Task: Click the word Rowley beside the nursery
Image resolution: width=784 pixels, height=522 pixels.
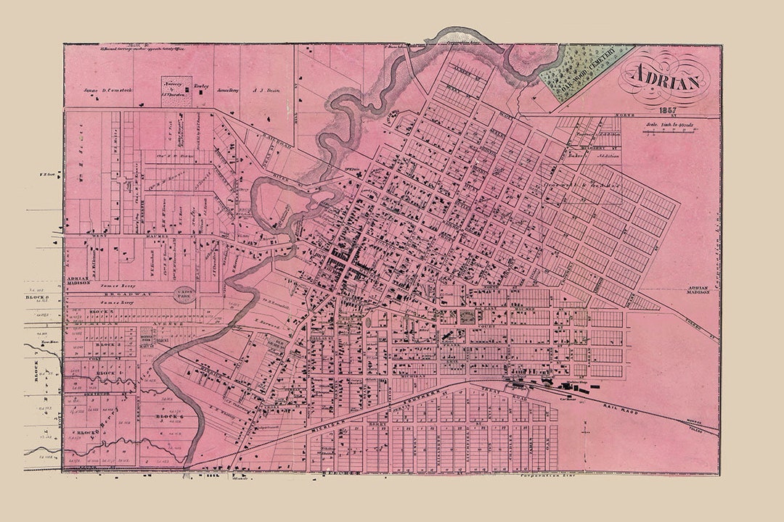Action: pos(201,86)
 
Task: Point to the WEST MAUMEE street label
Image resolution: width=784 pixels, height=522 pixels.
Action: pos(123,236)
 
